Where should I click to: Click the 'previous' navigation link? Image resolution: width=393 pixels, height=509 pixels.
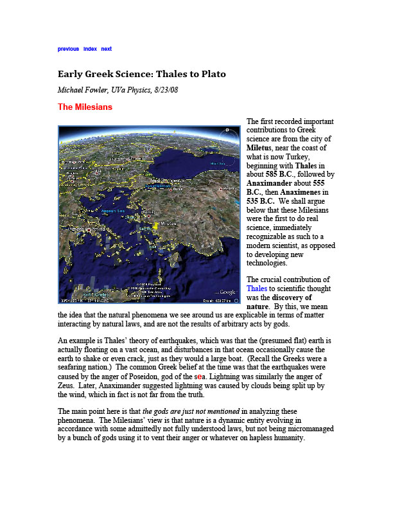pos(68,48)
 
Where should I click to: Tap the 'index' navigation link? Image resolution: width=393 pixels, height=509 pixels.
pos(90,48)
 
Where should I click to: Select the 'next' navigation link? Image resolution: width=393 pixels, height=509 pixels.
pos(107,48)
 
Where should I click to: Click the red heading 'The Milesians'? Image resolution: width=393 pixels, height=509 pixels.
pos(85,107)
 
